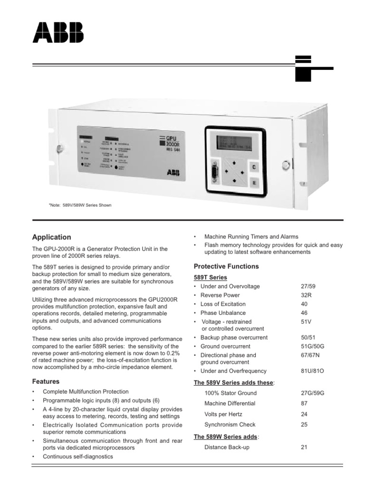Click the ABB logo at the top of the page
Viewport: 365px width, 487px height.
tap(58, 33)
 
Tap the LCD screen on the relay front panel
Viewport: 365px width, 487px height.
tap(232, 142)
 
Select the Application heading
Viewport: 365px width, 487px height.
tap(51, 237)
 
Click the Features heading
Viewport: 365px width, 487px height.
tap(46, 381)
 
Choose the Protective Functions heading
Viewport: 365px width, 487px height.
tap(226, 266)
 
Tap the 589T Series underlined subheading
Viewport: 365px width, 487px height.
tap(211, 277)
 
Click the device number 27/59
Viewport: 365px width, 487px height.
tap(308, 287)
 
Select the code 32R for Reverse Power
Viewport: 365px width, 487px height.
tap(307, 295)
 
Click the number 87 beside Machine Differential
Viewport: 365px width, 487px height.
tap(304, 403)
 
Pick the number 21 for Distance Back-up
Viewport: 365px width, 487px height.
tap(304, 447)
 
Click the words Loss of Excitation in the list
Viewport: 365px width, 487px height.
tap(223, 304)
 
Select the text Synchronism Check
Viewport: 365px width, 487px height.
tap(230, 425)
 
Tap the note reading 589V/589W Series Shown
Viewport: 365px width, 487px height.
tap(80, 205)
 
